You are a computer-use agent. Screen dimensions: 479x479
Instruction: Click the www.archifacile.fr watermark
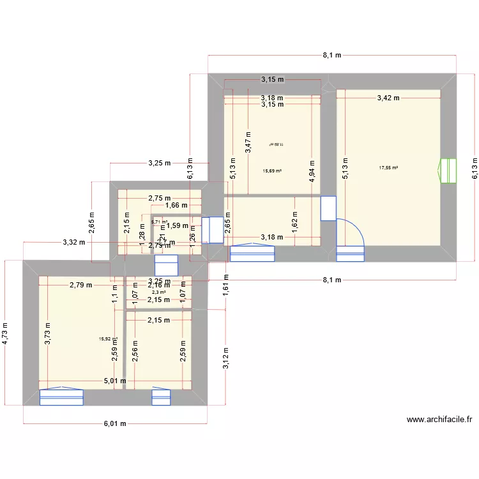[x=439, y=420]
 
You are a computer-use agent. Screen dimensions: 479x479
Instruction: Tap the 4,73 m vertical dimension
[x=6, y=333]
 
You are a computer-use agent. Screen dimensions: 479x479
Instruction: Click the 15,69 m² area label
[x=272, y=171]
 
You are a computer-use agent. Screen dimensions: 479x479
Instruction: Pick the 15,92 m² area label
[x=108, y=339]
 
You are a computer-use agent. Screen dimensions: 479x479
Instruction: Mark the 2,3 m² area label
[x=158, y=293]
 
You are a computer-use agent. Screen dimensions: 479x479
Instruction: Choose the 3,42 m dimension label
[x=388, y=98]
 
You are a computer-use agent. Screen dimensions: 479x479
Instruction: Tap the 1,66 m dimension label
[x=176, y=205]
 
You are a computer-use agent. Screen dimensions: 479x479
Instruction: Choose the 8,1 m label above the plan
[x=331, y=56]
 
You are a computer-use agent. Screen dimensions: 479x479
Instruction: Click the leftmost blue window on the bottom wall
[x=61, y=397]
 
